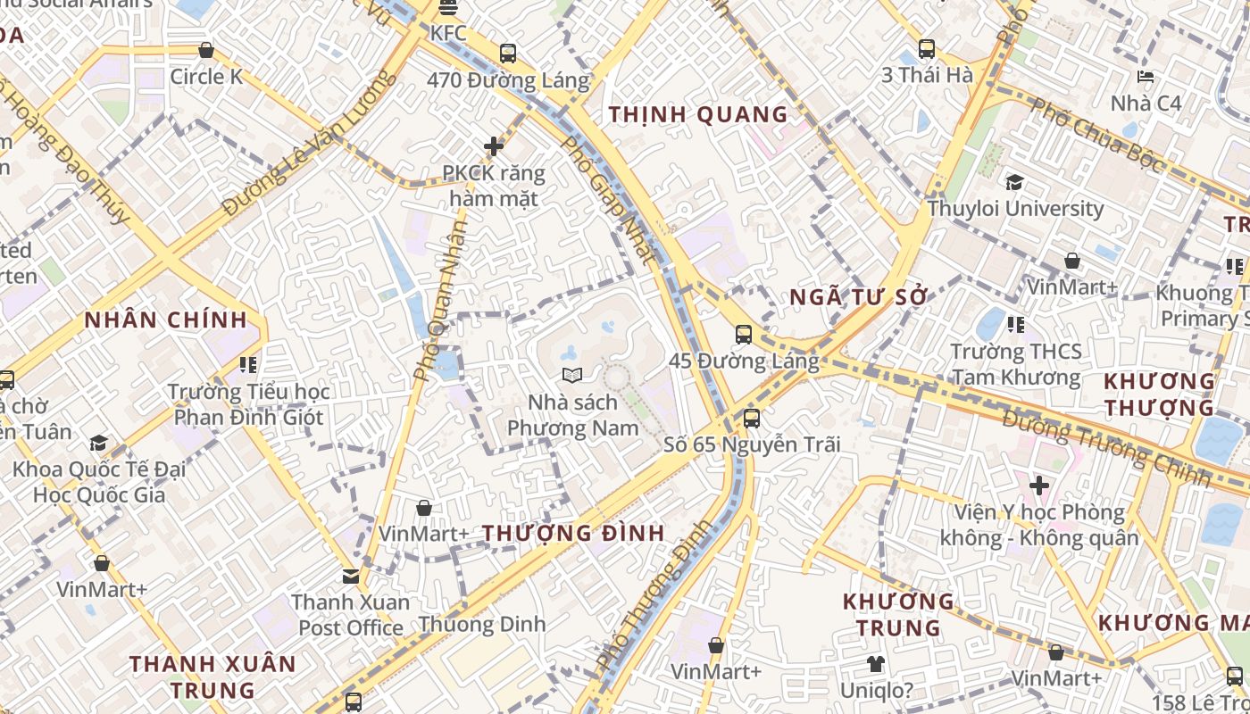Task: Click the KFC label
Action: [x=448, y=33]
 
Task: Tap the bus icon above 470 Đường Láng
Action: [x=508, y=54]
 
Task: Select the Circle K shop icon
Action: [x=206, y=51]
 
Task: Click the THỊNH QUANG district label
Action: [x=698, y=114]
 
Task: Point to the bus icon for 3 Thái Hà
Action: [x=927, y=49]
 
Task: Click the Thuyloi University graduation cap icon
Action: [x=1014, y=182]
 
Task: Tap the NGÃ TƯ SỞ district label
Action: [x=859, y=298]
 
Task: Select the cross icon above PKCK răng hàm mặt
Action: [x=494, y=146]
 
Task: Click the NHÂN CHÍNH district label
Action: [x=166, y=320]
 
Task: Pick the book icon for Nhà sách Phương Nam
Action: [x=572, y=376]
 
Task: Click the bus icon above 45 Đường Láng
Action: [x=744, y=335]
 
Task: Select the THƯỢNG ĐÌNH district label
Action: [x=573, y=534]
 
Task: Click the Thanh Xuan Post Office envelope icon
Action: [x=351, y=577]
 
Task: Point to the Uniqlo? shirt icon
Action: [x=876, y=664]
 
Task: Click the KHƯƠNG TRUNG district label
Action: [x=898, y=614]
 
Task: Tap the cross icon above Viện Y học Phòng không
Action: [x=1038, y=486]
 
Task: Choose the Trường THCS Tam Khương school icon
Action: [x=1015, y=324]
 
